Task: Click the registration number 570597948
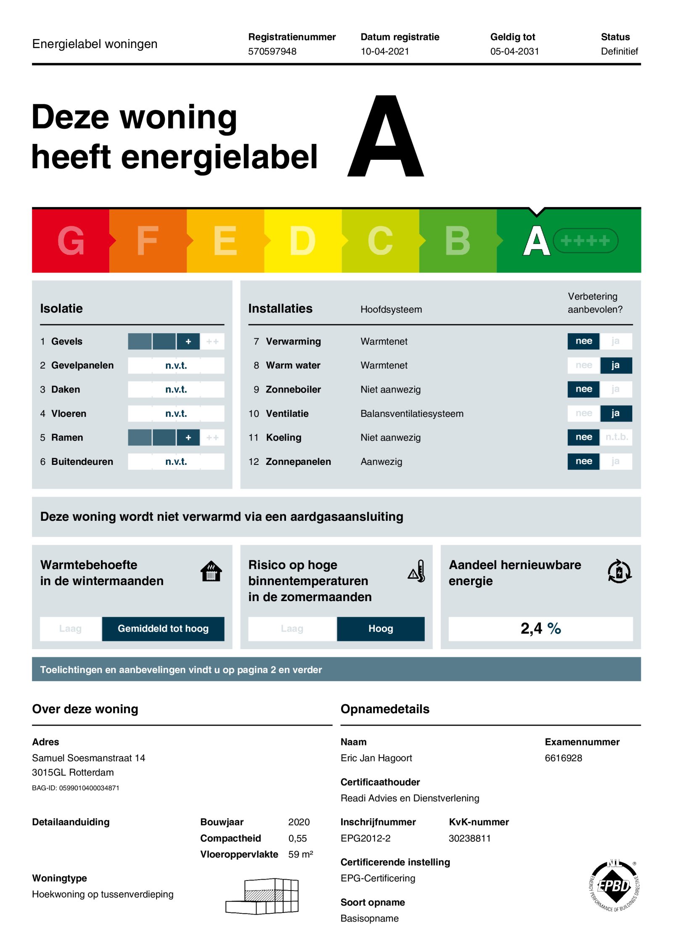[x=272, y=51]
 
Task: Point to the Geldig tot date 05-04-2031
[x=514, y=51]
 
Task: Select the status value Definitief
[x=619, y=51]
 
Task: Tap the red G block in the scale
[x=71, y=241]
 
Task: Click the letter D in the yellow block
[x=302, y=241]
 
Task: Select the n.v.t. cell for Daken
[x=176, y=390]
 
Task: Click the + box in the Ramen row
[x=188, y=438]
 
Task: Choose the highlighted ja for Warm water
[x=615, y=365]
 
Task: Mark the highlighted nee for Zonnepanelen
[x=583, y=461]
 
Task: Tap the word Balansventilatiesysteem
[x=411, y=414]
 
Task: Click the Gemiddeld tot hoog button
[x=163, y=628]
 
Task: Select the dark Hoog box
[x=380, y=628]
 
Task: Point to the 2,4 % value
[x=540, y=628]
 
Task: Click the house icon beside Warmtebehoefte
[x=211, y=571]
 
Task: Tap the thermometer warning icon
[x=417, y=571]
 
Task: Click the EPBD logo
[x=614, y=886]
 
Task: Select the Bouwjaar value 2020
[x=299, y=822]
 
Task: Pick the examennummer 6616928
[x=563, y=758]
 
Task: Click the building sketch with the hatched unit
[x=262, y=896]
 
